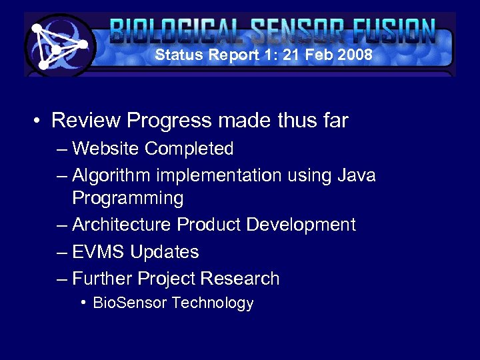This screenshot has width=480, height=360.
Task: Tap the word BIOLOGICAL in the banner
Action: (175, 31)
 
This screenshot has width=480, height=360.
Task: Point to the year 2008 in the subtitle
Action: (355, 55)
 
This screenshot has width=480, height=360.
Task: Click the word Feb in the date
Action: (321, 55)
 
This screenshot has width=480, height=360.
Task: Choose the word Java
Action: (357, 175)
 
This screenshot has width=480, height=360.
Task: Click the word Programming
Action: (127, 198)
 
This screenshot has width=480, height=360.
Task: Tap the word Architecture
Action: (122, 225)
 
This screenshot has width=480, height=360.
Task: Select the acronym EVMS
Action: (99, 252)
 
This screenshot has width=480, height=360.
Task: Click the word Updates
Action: (165, 252)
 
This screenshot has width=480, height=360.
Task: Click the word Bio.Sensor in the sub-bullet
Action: (130, 303)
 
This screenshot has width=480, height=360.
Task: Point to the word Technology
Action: (213, 303)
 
